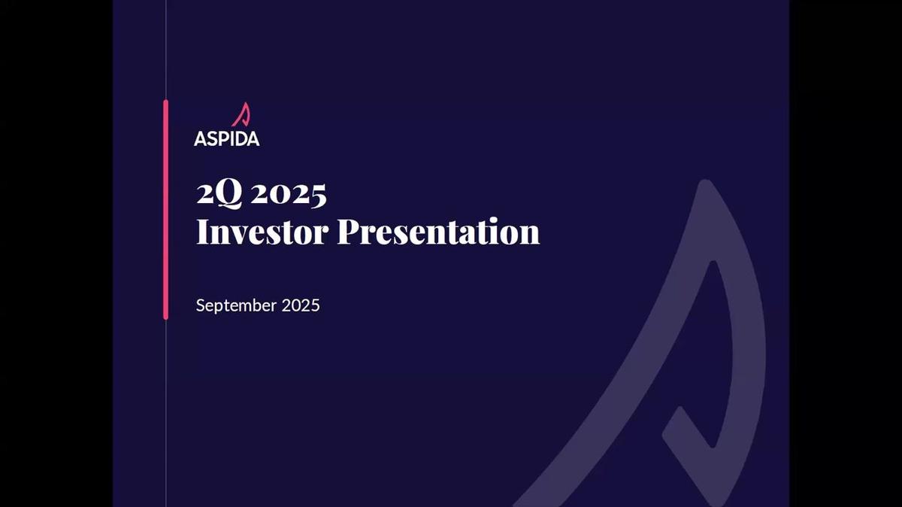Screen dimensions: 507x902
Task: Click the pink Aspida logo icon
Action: [x=241, y=115]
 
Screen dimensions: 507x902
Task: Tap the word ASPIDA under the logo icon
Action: [x=226, y=139]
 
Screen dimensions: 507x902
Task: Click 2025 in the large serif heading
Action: [x=289, y=194]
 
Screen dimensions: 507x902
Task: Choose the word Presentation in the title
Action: [x=438, y=232]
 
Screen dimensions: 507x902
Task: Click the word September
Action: [x=236, y=306]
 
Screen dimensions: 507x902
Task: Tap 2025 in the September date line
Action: [x=301, y=305]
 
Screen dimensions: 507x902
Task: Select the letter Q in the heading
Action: [x=229, y=195]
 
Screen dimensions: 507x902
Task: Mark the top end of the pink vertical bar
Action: [x=165, y=102]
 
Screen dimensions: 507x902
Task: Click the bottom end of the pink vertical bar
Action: [x=165, y=317]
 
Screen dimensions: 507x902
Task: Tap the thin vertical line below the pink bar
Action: [x=165, y=414]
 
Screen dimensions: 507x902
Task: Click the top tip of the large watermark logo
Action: [x=704, y=184]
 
